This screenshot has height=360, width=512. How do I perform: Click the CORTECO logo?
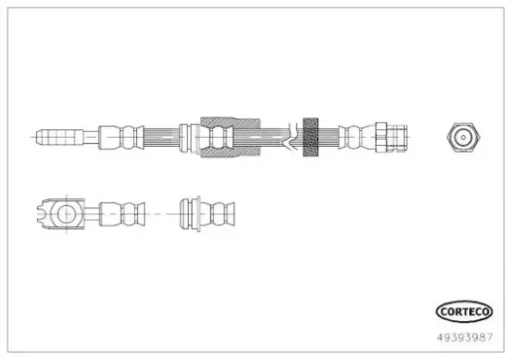(464, 312)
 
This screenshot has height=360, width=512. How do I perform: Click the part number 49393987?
(465, 337)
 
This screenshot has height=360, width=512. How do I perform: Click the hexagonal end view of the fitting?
(464, 137)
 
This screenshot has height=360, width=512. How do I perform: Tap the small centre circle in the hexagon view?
(463, 138)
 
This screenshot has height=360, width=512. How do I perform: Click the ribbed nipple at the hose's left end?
(60, 137)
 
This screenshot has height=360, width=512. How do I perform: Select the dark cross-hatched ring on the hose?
(311, 137)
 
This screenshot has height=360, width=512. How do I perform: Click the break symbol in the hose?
(291, 137)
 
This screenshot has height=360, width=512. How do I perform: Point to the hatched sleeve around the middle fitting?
(231, 137)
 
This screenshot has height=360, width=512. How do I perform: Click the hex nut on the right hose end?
(381, 137)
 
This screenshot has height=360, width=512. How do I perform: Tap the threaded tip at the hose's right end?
(397, 137)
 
